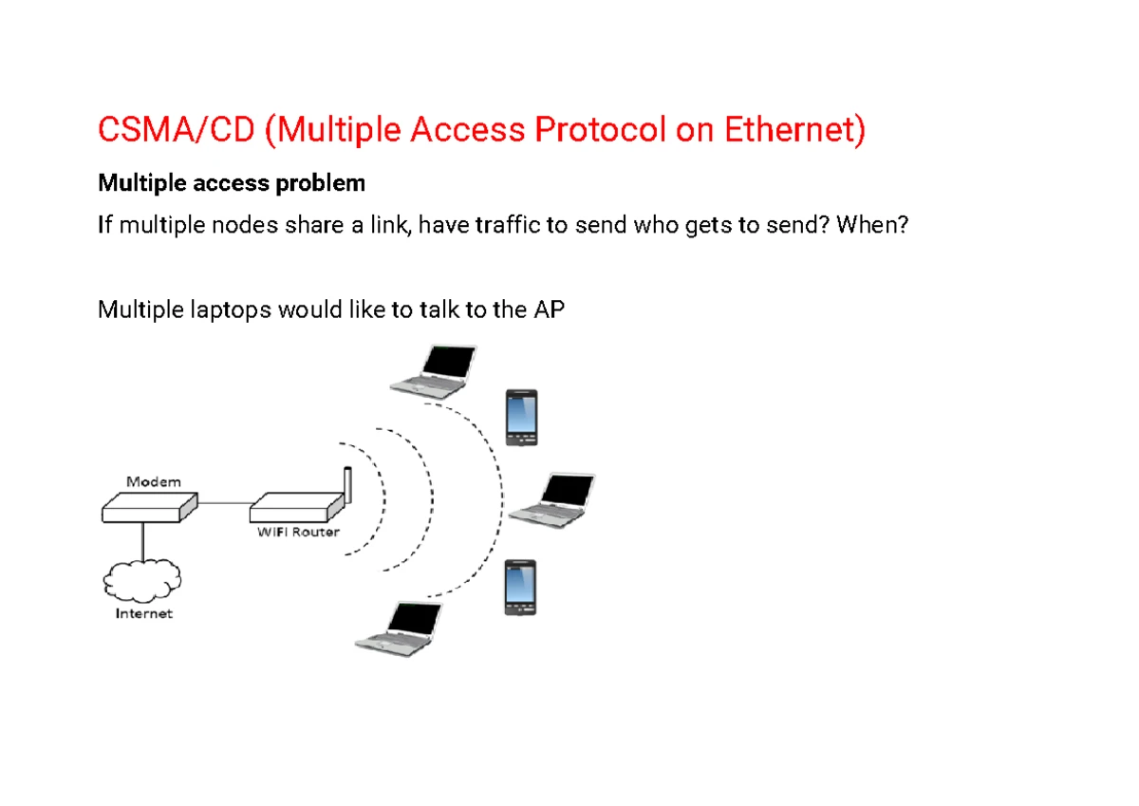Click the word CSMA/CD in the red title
pyautogui.click(x=177, y=130)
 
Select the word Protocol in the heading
pyautogui.click(x=600, y=130)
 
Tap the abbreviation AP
pyautogui.click(x=549, y=309)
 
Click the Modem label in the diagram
pyautogui.click(x=153, y=481)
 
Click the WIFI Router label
pyautogui.click(x=298, y=532)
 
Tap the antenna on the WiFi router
pyautogui.click(x=346, y=486)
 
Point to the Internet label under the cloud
pyautogui.click(x=143, y=613)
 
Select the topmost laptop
pyautogui.click(x=435, y=369)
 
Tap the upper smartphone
pyautogui.click(x=521, y=418)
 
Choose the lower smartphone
pyautogui.click(x=520, y=588)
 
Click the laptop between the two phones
pyautogui.click(x=553, y=498)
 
